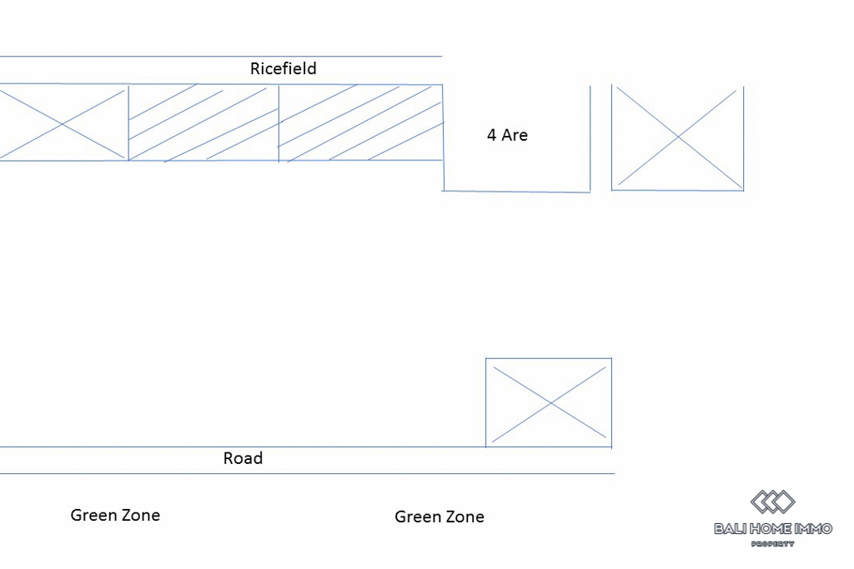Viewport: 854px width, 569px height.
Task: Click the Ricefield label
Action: point(284,69)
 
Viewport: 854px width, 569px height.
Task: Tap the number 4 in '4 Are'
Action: point(492,135)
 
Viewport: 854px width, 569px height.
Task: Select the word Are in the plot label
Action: point(515,135)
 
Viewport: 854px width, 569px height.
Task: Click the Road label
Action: point(243,458)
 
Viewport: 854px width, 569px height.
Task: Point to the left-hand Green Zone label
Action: point(115,515)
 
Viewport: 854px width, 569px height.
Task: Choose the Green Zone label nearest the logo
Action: point(440,517)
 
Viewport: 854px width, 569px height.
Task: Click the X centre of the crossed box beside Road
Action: point(550,403)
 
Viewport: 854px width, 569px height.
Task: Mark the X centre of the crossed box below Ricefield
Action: point(63,124)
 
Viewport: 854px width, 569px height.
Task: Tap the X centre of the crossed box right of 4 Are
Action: point(678,137)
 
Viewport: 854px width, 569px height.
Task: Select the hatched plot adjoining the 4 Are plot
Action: point(360,122)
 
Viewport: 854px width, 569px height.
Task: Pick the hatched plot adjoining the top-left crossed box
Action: point(203,122)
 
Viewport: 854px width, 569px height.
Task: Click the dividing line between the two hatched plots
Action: point(279,122)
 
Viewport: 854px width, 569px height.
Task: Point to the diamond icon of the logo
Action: point(773,502)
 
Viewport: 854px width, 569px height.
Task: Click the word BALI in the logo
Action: point(731,528)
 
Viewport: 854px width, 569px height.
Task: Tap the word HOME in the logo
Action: point(772,528)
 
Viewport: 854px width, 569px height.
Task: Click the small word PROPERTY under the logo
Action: point(773,544)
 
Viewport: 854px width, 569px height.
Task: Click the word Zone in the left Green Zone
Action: point(139,515)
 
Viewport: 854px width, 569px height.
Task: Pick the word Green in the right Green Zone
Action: point(416,517)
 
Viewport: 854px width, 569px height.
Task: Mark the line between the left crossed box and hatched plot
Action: point(128,122)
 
